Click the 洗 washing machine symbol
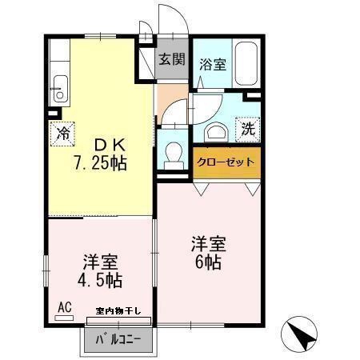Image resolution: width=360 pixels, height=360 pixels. pyautogui.click(x=248, y=127)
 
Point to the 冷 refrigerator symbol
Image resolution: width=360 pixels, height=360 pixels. pyautogui.click(x=61, y=133)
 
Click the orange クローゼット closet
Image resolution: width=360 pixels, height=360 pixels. pyautogui.click(x=226, y=162)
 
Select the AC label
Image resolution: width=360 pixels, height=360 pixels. pyautogui.click(x=63, y=306)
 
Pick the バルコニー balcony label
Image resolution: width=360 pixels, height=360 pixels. pyautogui.click(x=119, y=340)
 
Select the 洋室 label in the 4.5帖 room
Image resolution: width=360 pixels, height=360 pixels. pyautogui.click(x=102, y=262)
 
